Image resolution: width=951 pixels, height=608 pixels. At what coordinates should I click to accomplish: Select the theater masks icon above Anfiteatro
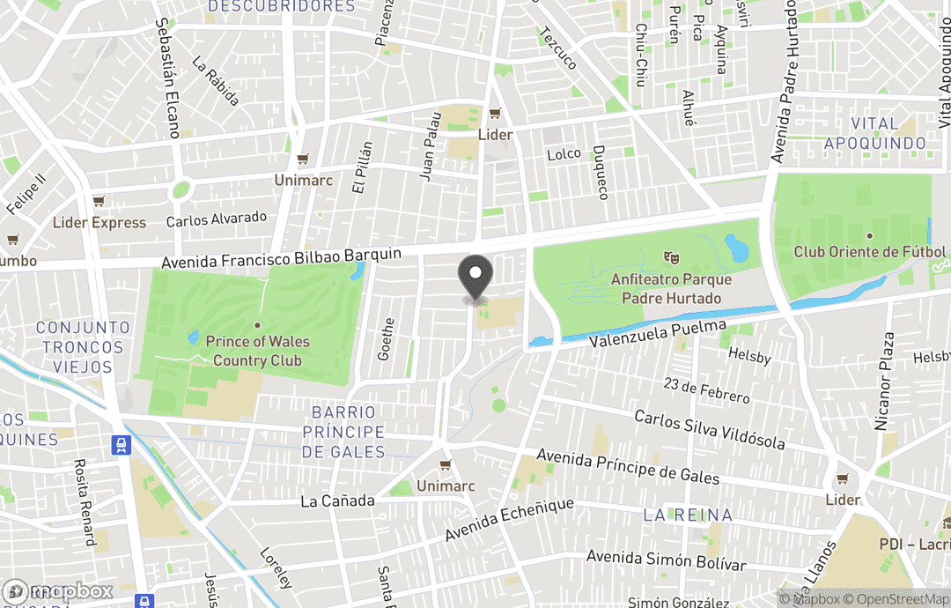point(670,257)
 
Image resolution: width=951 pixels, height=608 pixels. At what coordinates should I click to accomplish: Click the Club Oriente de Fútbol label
point(870,252)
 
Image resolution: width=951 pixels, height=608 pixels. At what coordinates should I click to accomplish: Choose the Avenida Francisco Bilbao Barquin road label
point(282,259)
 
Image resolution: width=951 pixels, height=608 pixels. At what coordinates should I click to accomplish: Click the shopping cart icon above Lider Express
point(99,202)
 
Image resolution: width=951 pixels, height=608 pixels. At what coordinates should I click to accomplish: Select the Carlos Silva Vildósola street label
point(709,428)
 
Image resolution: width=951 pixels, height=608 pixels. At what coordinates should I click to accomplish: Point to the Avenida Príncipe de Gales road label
point(627,467)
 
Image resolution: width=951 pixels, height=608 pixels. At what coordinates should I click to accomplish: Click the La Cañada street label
point(337,500)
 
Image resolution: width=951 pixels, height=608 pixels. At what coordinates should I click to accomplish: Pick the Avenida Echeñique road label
point(509,521)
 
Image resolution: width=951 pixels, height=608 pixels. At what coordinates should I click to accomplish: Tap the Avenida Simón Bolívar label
point(666,560)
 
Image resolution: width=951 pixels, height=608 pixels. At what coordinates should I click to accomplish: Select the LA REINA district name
point(688,514)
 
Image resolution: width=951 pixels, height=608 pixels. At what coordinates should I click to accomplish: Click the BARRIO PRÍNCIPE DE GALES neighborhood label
point(343,432)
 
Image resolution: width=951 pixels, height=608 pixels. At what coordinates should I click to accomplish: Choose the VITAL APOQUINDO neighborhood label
point(875,133)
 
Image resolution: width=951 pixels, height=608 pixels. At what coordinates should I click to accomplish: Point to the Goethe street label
point(386,339)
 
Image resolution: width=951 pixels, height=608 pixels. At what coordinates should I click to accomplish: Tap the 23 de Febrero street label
point(707,390)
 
